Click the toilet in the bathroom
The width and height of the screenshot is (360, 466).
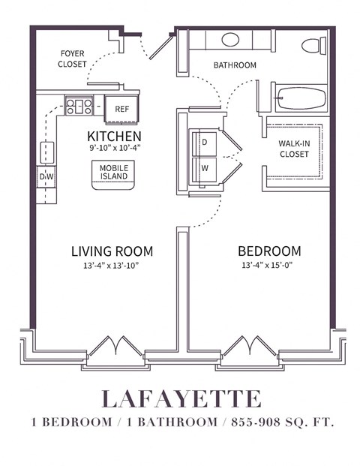pyautogui.click(x=313, y=45)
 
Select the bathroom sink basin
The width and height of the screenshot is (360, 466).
pyautogui.click(x=230, y=40)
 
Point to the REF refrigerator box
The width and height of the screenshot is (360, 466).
pyautogui.click(x=121, y=108)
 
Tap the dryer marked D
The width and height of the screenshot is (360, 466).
pyautogui.click(x=203, y=143)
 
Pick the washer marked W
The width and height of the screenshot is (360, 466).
pyautogui.click(x=203, y=168)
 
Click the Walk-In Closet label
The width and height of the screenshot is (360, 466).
pyautogui.click(x=294, y=149)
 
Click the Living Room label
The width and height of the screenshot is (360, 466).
pyautogui.click(x=112, y=251)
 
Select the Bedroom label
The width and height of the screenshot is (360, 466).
pyautogui.click(x=269, y=251)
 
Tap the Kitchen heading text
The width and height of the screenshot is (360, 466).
pyautogui.click(x=114, y=136)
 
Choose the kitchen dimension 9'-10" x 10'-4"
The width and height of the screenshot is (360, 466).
pyautogui.click(x=114, y=148)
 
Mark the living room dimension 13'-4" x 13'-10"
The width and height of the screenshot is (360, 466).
pyautogui.click(x=112, y=265)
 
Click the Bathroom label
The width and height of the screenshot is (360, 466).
pyautogui.click(x=234, y=65)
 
